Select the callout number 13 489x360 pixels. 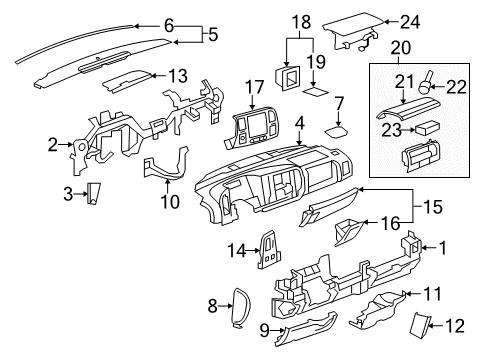[178, 75]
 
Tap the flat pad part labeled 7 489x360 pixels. [337, 130]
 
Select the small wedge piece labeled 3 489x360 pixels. [91, 193]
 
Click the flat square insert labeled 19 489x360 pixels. [318, 88]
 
